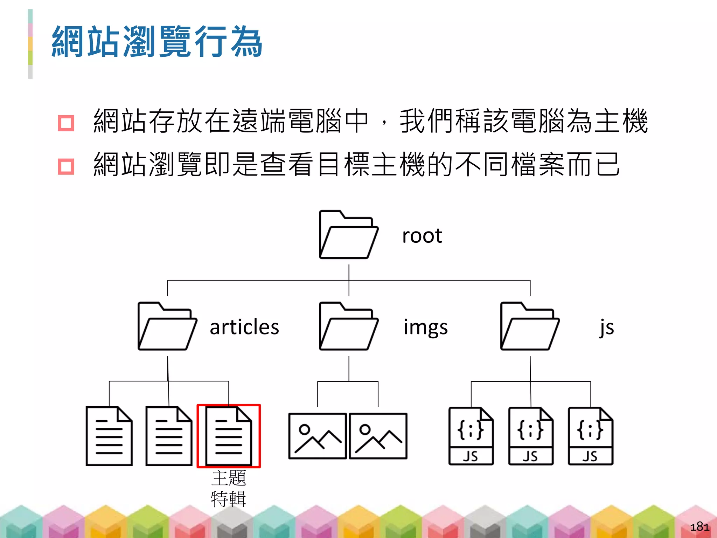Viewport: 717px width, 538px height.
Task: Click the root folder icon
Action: [x=348, y=235]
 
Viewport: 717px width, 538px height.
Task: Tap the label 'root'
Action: [x=422, y=236]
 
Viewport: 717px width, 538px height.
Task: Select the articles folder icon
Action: [x=167, y=326]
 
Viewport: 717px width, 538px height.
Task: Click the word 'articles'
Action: [x=244, y=327]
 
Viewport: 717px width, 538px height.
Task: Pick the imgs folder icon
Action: [x=348, y=326]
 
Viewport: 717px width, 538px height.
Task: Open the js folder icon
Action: [x=530, y=326]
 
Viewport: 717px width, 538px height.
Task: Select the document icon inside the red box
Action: [x=229, y=436]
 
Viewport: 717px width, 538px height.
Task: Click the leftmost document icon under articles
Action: [x=109, y=436]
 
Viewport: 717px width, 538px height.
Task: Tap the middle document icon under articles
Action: [x=169, y=436]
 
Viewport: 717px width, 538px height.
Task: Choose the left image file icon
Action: [x=318, y=436]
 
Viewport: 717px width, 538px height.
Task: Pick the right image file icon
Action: [x=378, y=436]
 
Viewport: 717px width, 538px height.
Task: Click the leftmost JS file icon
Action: [x=471, y=436]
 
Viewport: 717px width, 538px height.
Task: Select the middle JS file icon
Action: [x=531, y=436]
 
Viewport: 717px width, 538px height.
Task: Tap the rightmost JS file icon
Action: [x=590, y=436]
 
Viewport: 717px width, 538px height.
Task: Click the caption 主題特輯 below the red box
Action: [x=229, y=488]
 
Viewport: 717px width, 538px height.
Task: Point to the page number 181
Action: [x=699, y=526]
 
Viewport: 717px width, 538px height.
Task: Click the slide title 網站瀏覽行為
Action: [x=157, y=42]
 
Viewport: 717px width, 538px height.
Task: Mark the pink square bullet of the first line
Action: [x=66, y=123]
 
